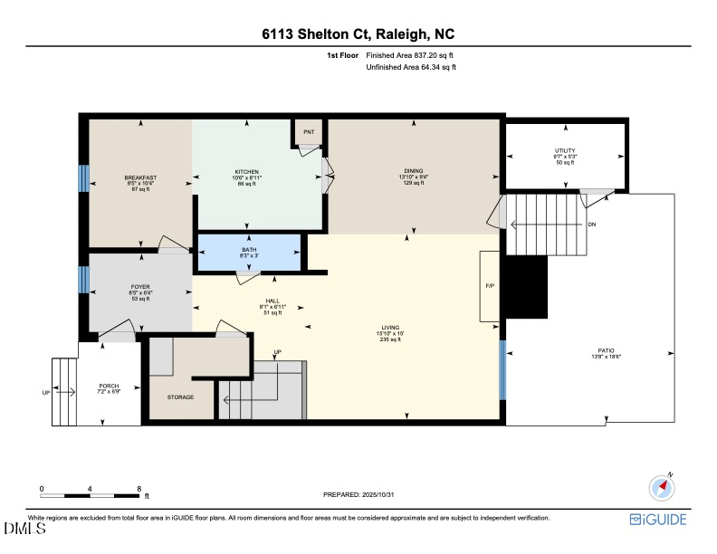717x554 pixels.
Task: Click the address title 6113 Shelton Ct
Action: [x=358, y=34]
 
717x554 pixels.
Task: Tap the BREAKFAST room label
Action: [x=140, y=177]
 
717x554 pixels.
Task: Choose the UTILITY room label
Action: [x=565, y=150]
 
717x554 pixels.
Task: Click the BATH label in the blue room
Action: [x=249, y=250]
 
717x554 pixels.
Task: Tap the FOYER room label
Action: [x=139, y=286]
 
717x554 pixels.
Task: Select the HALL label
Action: [x=272, y=301]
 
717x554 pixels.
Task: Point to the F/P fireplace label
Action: [x=490, y=285]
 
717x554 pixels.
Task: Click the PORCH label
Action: [x=109, y=387]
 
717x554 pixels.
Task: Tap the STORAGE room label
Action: [x=180, y=396]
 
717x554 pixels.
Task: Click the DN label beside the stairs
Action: [x=591, y=224]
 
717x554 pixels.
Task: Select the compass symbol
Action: [x=663, y=487]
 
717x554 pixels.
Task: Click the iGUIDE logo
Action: [x=658, y=519]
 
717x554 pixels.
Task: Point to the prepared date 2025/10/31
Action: [x=358, y=495]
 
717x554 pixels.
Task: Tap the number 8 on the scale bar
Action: [x=139, y=488]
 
